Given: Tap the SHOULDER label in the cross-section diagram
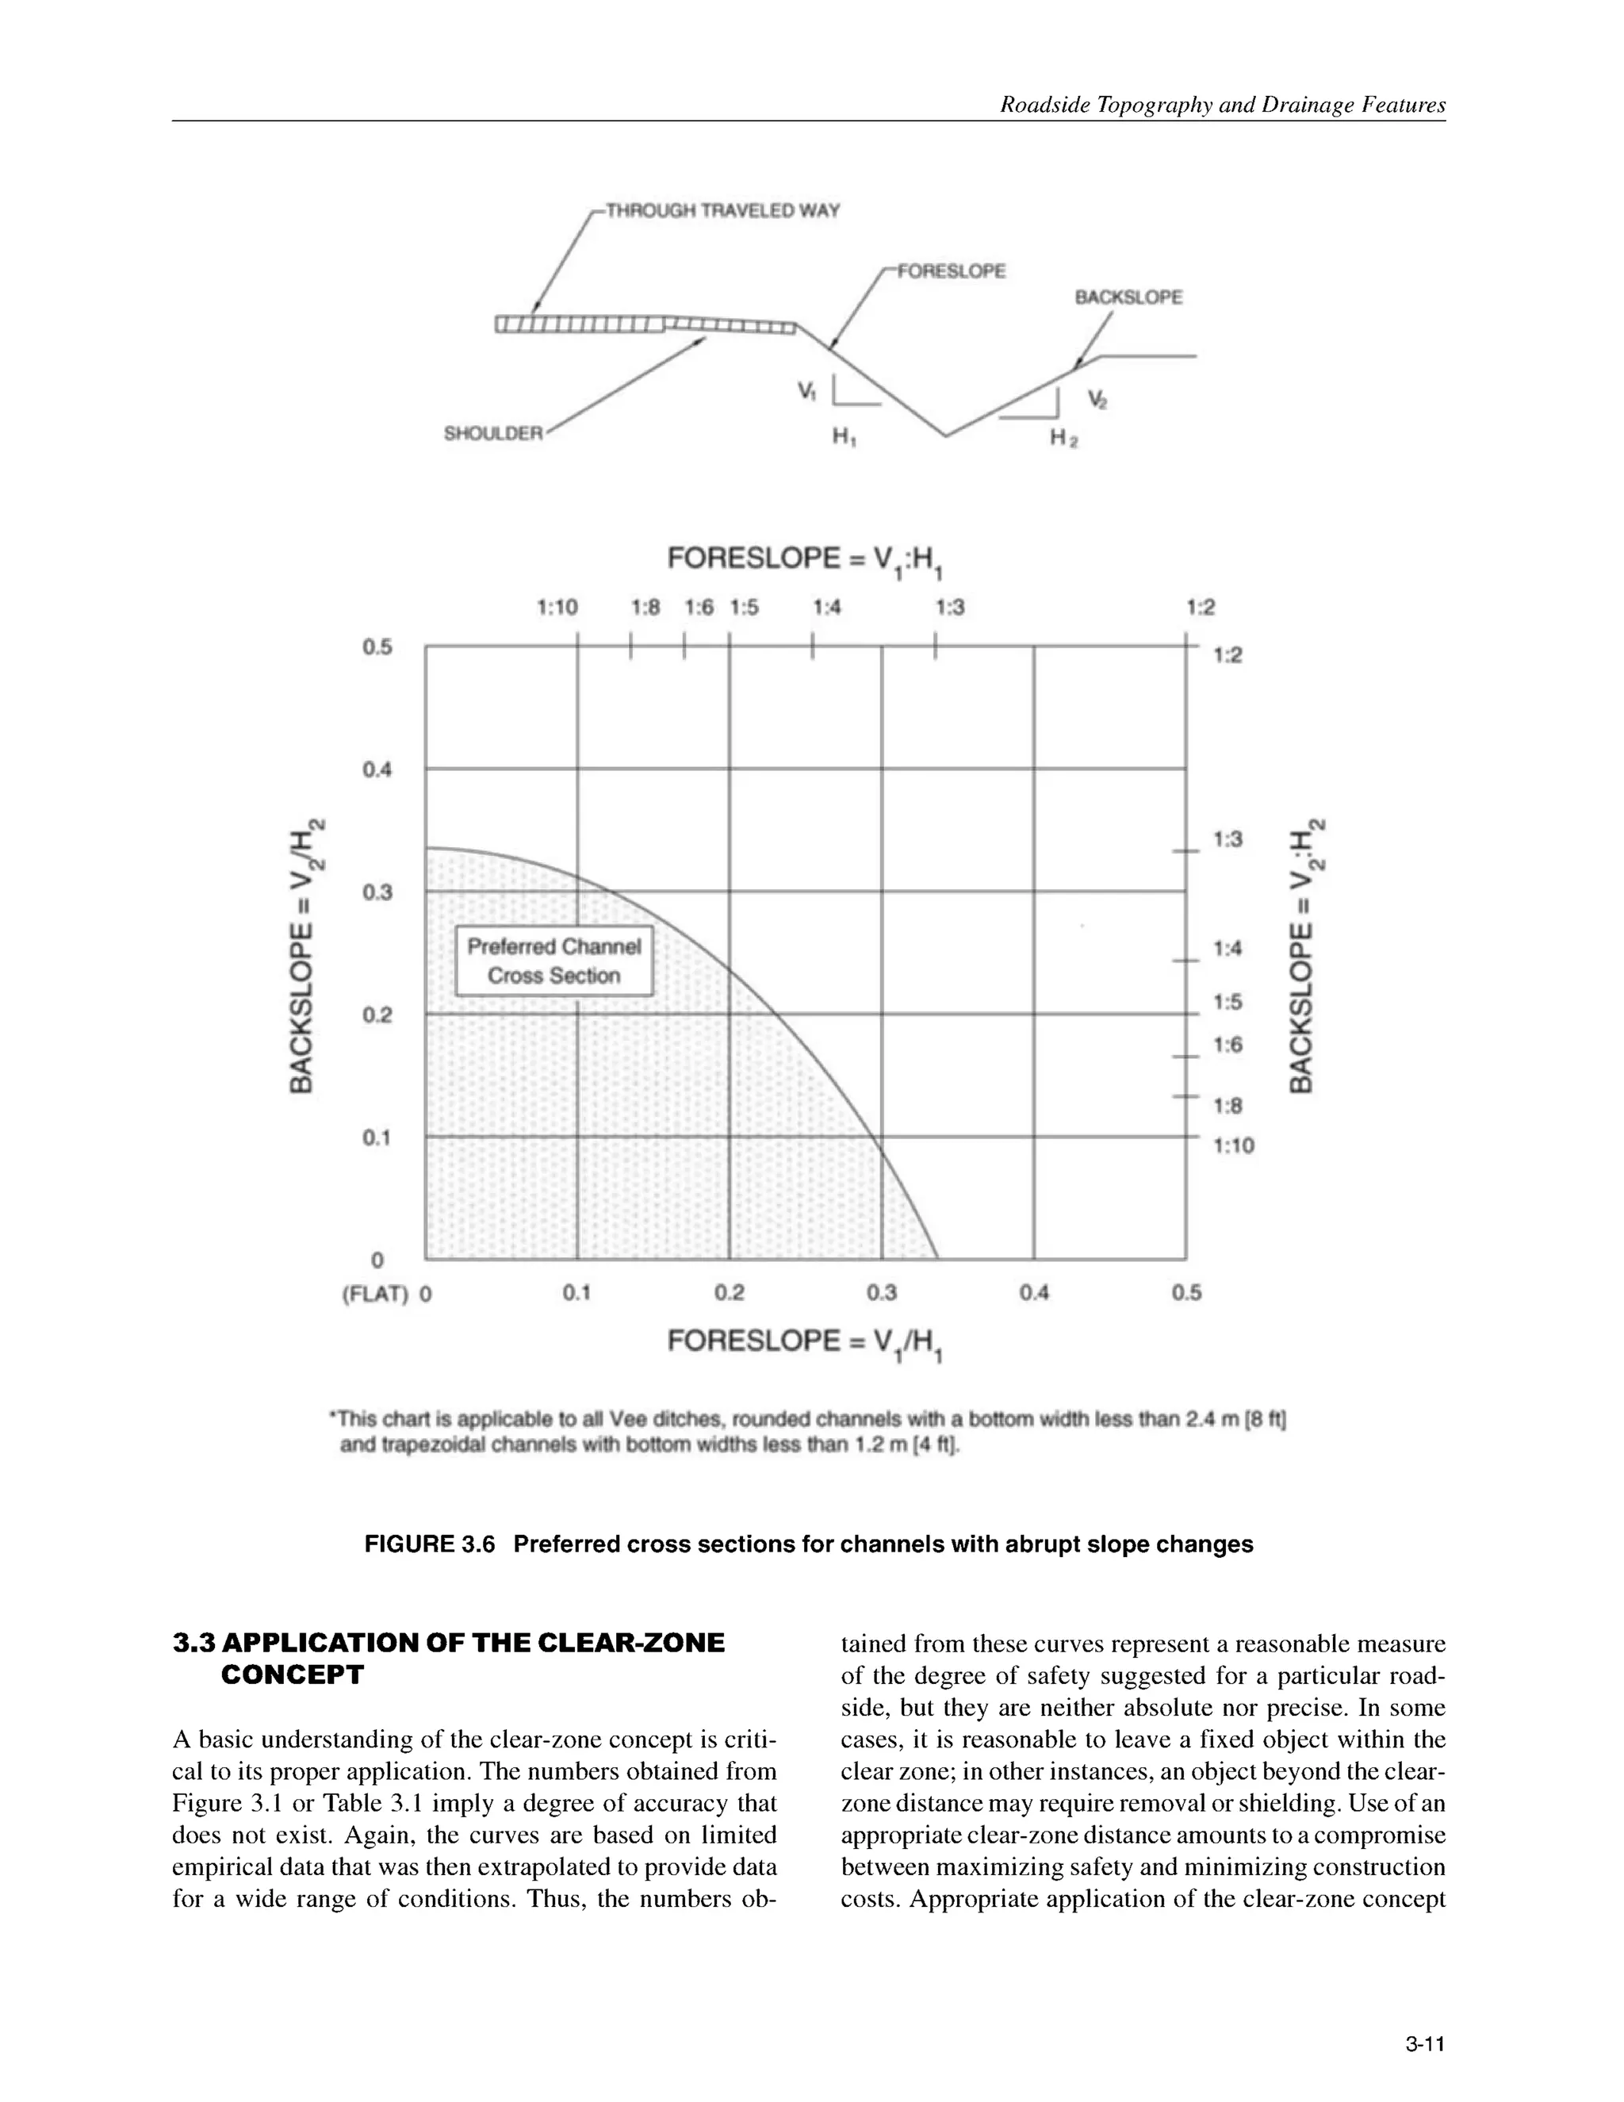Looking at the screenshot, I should [x=492, y=433].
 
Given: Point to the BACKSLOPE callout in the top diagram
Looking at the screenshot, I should [x=1128, y=297].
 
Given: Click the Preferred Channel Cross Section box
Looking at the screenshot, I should [x=554, y=961].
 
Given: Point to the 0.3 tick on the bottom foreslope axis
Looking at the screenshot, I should [x=881, y=1293].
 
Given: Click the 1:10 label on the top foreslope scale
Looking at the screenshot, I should [x=556, y=608].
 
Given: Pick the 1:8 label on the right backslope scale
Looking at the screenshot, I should [x=1228, y=1106].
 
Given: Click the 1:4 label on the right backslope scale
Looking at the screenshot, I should [x=1228, y=949].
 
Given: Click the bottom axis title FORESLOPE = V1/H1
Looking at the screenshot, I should [x=804, y=1343].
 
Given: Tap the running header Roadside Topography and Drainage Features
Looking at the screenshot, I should [x=1222, y=105].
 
